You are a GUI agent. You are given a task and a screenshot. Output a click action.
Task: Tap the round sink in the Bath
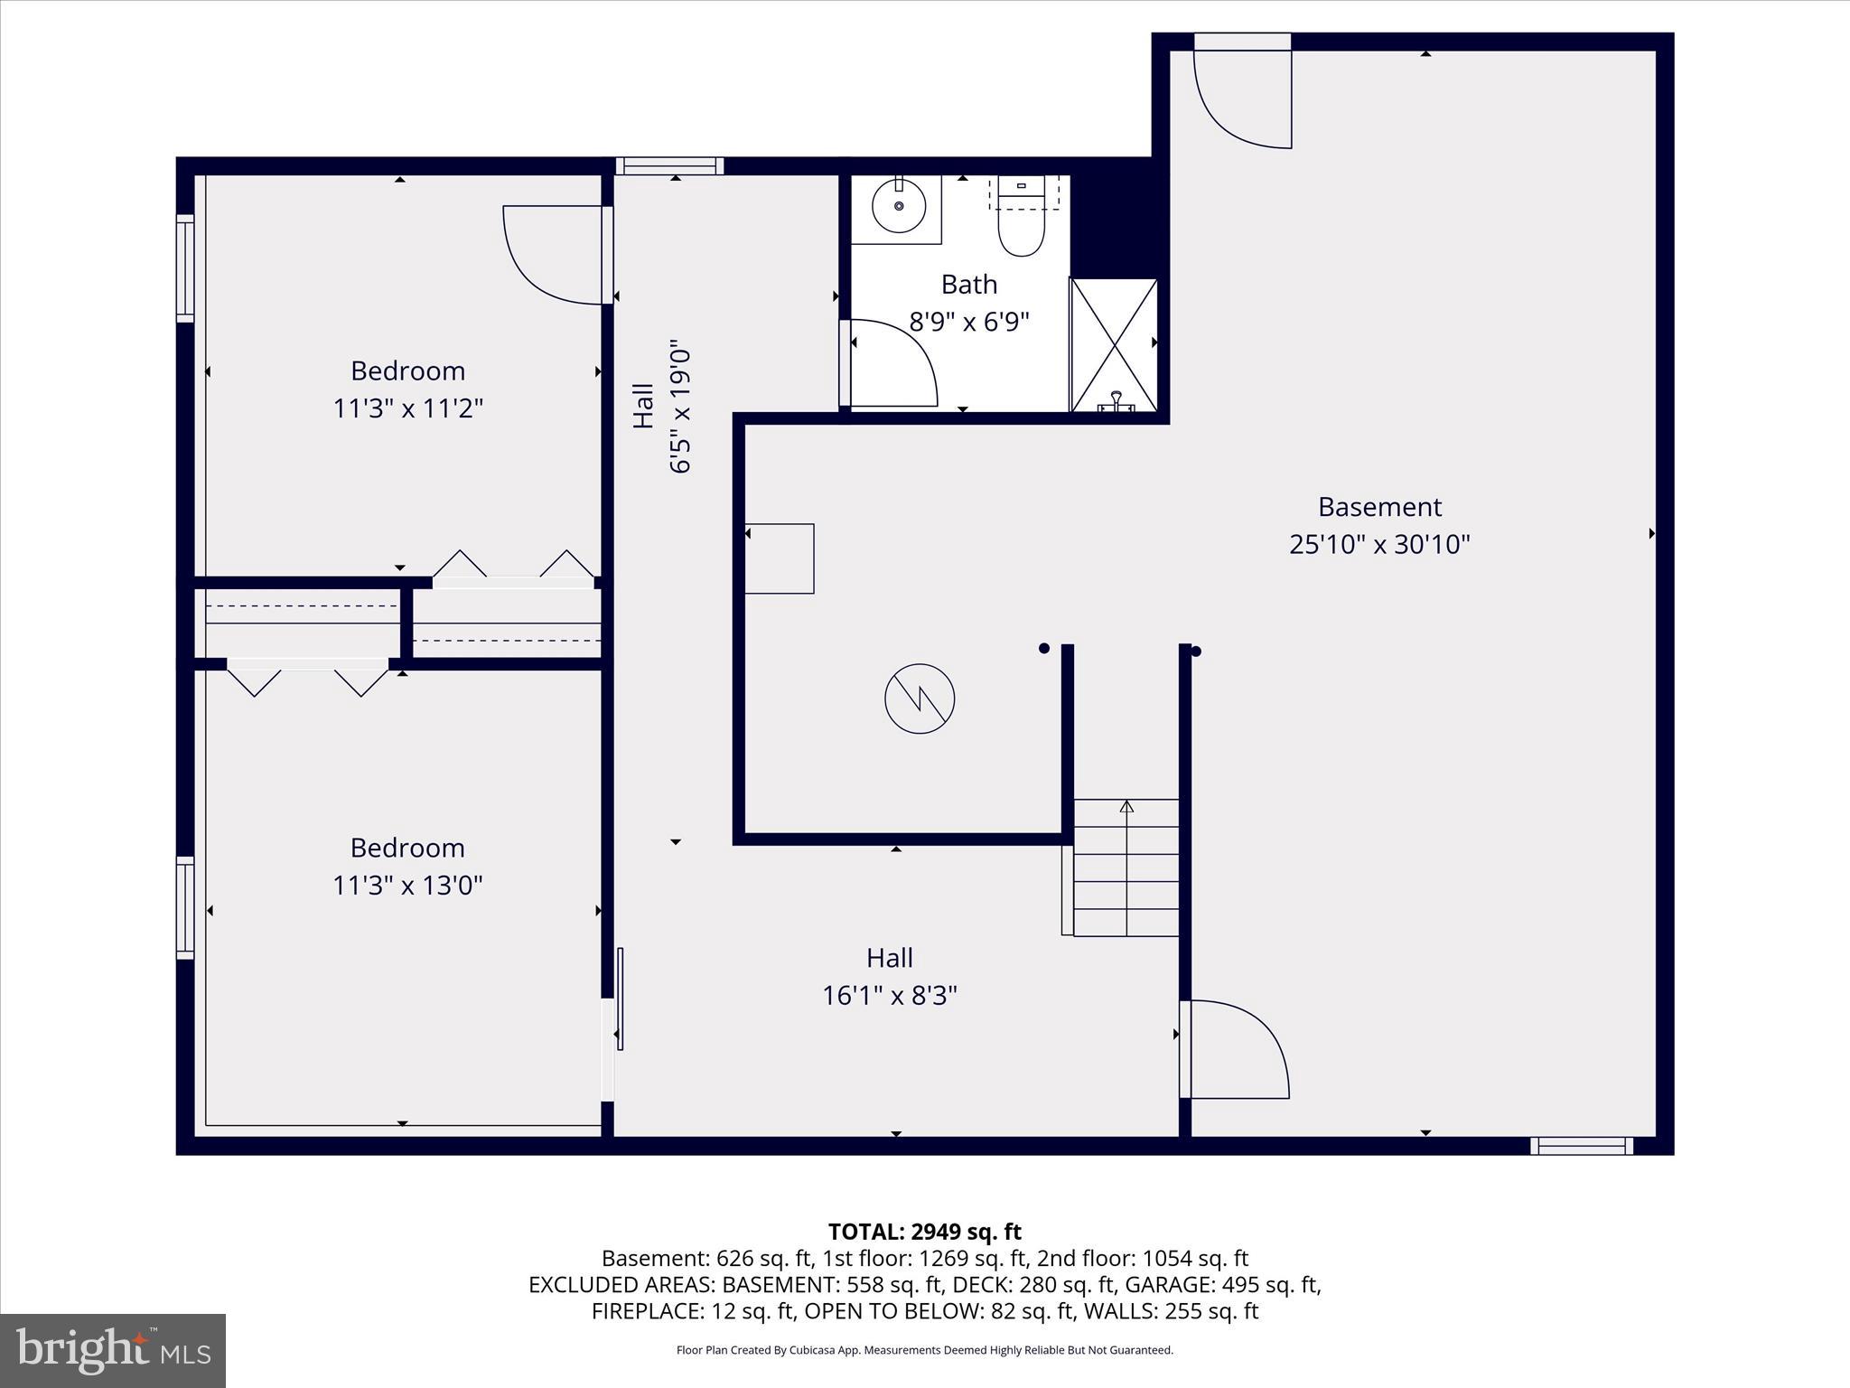click(x=898, y=206)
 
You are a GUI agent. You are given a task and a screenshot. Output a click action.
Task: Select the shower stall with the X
click(x=1114, y=345)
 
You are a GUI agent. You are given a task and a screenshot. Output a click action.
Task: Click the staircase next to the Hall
click(x=1126, y=867)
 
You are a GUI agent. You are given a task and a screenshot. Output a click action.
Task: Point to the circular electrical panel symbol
click(x=920, y=699)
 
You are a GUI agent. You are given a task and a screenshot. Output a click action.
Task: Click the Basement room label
click(x=1379, y=506)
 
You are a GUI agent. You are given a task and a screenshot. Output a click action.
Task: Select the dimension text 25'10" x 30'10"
click(x=1379, y=544)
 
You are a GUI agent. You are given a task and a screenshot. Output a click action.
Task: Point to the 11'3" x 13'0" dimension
click(x=407, y=885)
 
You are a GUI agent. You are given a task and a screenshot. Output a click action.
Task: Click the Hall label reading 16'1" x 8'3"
click(x=889, y=977)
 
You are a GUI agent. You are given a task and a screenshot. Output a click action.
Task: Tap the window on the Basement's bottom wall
click(x=1581, y=1146)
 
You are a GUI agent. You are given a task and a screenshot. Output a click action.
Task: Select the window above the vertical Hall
click(x=669, y=165)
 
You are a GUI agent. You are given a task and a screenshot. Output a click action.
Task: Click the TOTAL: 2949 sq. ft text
click(x=924, y=1232)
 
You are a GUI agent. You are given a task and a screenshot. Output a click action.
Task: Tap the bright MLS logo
click(x=113, y=1350)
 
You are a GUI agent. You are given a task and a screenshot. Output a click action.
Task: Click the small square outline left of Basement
click(x=780, y=558)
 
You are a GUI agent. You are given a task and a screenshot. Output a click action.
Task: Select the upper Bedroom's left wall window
click(x=185, y=268)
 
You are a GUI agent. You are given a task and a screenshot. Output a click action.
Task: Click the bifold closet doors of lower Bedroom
click(x=307, y=678)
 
